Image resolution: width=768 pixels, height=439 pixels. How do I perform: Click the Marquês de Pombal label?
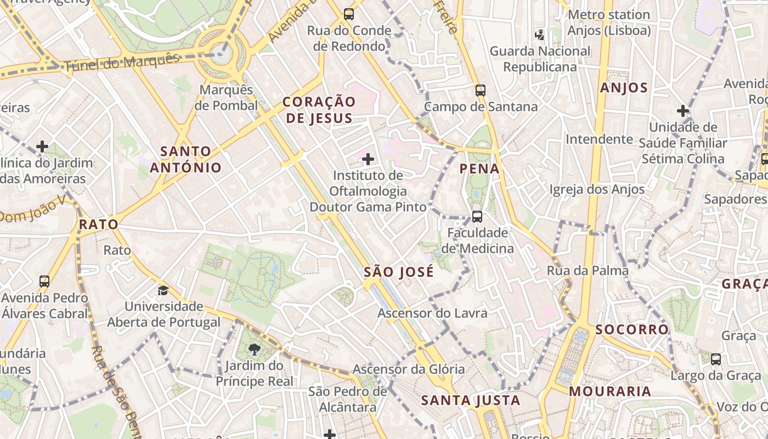(226, 98)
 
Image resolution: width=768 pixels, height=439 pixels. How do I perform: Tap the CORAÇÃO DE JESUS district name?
(319, 110)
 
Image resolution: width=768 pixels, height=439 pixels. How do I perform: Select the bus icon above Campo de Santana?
(481, 91)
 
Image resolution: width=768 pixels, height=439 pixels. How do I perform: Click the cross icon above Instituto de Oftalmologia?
(368, 160)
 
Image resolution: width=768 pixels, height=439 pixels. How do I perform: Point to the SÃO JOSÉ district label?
(399, 272)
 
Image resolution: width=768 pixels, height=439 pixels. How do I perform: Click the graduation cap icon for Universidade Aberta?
(163, 290)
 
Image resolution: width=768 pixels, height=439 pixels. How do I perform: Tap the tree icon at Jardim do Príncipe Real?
(254, 350)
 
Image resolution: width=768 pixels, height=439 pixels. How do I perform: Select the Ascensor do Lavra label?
(432, 313)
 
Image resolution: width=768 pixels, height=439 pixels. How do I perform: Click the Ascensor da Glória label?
(408, 369)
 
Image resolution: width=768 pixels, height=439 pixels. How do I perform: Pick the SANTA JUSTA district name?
(471, 401)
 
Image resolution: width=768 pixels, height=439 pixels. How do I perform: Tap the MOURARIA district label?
(610, 392)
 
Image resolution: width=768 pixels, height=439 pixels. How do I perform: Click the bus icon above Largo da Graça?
(716, 359)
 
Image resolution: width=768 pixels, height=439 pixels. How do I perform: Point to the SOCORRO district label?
(632, 329)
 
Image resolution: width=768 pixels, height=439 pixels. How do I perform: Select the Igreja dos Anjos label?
(597, 189)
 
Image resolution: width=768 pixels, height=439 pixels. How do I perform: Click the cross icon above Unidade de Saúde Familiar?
(683, 111)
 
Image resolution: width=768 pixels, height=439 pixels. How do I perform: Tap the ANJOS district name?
(624, 88)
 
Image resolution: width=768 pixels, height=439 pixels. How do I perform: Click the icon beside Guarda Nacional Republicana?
(540, 35)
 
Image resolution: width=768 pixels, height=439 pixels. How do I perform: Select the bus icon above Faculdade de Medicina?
(477, 217)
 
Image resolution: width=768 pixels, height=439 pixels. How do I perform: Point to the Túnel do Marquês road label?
(122, 63)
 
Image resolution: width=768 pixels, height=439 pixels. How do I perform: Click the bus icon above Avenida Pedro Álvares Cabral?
(44, 282)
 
